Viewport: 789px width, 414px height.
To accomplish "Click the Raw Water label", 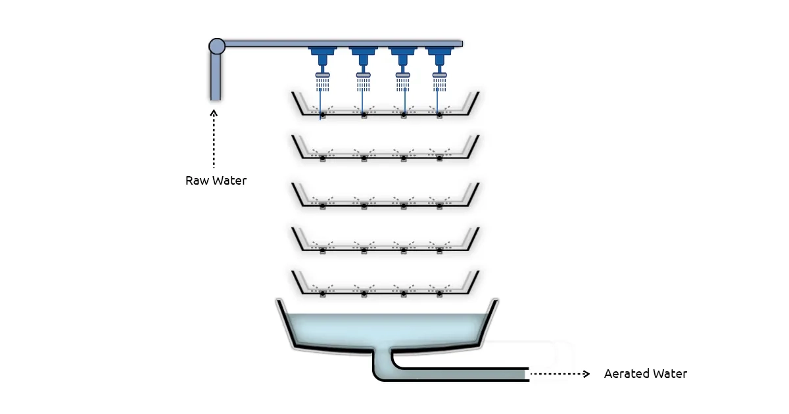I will point(216,180).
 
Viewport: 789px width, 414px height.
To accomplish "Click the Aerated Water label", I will point(645,374).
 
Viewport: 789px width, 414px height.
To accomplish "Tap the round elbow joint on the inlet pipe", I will point(217,46).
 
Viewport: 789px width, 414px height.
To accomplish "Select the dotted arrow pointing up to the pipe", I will point(214,138).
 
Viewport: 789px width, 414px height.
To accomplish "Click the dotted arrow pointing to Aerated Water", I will point(560,374).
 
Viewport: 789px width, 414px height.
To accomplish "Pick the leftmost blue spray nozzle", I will point(322,59).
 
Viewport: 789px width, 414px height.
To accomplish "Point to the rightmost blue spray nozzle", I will point(440,59).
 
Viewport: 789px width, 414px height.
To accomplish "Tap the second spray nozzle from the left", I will point(363,59).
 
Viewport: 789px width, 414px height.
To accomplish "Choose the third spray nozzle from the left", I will point(403,59).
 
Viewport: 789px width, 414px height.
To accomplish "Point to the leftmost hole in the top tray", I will point(322,116).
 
